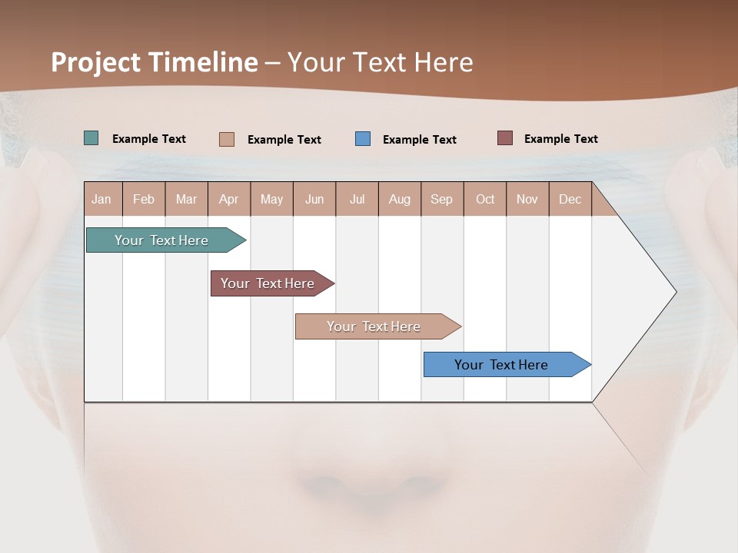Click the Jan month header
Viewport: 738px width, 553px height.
pos(101,199)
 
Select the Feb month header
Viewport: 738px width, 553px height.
pos(144,199)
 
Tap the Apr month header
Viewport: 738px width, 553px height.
pos(228,199)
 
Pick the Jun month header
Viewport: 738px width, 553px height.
pos(314,199)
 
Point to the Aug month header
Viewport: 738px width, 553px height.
pos(399,199)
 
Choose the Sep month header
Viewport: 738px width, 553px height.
pos(441,199)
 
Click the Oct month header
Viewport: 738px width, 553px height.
pos(485,199)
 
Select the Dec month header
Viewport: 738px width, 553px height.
pos(570,199)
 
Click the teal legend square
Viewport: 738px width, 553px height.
pos(91,138)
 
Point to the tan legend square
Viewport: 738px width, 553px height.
pos(227,139)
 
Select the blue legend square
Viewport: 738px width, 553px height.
pos(363,138)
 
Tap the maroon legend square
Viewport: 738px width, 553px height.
pos(505,138)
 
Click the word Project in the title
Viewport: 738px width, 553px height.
pos(95,62)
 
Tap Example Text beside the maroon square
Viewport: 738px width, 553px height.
pos(560,139)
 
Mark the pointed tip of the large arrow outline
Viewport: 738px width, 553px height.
pos(675,292)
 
